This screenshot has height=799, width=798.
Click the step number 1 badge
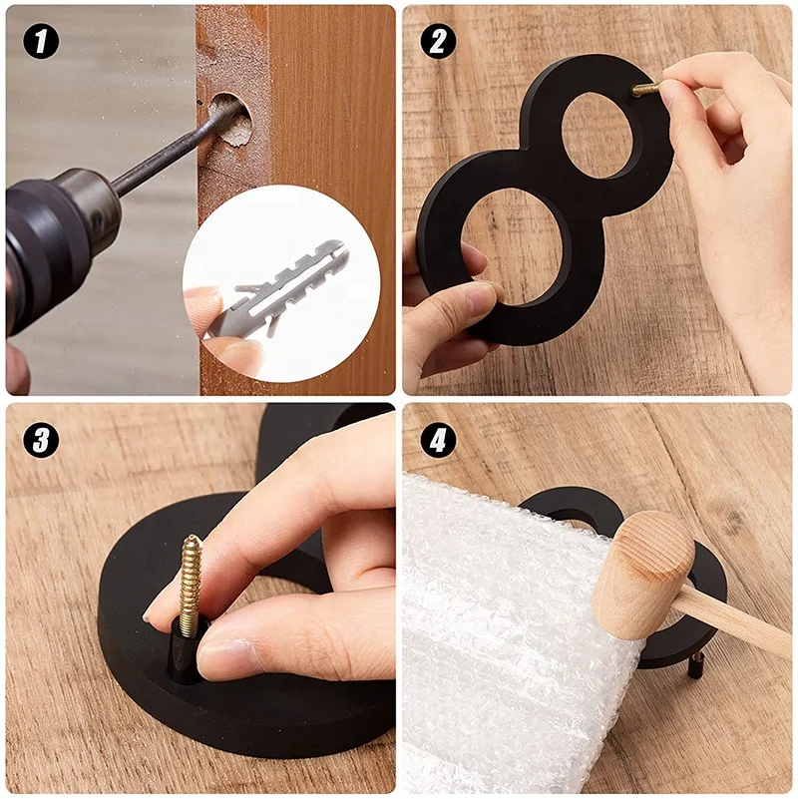pos(41,41)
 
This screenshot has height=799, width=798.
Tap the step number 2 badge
pos(438,41)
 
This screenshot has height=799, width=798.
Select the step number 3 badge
pos(41,440)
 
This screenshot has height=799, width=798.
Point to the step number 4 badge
pos(438,440)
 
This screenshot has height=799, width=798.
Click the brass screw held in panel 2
pos(646,88)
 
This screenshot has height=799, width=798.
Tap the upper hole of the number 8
pos(598,135)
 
